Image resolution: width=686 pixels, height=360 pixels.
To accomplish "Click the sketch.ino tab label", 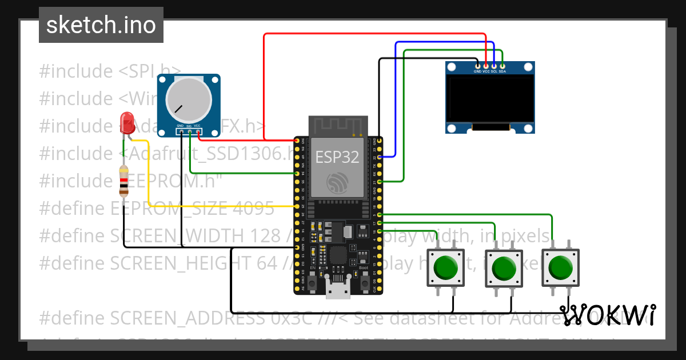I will tap(101, 25).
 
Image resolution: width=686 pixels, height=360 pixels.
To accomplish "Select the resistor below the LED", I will tap(123, 180).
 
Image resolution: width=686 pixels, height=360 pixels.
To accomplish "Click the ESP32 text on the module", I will tap(337, 158).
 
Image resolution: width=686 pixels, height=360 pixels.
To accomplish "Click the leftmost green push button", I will tap(446, 267).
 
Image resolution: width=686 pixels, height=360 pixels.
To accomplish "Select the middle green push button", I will tap(503, 267).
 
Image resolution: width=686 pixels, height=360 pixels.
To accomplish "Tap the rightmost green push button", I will tap(560, 267).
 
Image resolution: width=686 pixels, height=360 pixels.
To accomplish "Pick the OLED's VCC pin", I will tap(486, 66).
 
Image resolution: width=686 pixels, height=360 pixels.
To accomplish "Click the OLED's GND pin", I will tap(477, 66).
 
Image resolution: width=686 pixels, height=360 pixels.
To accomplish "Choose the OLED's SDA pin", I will tap(502, 66).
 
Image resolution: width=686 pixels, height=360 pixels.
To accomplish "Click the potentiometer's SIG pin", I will tap(189, 132).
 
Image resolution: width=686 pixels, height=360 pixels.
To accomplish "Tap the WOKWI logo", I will tap(608, 315).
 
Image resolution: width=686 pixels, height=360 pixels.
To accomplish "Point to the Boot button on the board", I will tap(364, 281).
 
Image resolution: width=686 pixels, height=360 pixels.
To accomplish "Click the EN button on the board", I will tap(313, 281).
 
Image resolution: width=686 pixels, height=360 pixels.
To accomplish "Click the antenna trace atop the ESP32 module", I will tap(337, 125).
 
